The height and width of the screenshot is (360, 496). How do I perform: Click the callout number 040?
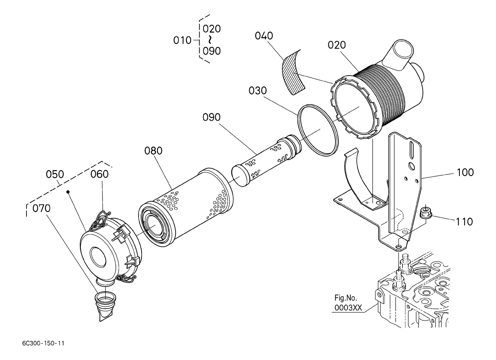(264, 36)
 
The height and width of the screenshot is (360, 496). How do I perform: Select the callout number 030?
(258, 91)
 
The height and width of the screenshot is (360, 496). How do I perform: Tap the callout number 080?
(154, 151)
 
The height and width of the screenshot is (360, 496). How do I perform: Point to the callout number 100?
(465, 172)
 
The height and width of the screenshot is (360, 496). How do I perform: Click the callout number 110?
(464, 222)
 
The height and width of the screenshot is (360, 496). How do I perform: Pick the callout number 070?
(41, 208)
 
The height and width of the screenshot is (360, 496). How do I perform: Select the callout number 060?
(99, 174)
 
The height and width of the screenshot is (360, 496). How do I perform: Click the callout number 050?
(55, 174)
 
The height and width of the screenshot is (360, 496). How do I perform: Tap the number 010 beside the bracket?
(182, 41)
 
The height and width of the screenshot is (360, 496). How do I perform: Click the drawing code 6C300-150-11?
(44, 343)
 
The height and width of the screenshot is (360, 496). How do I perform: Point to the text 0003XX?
(348, 308)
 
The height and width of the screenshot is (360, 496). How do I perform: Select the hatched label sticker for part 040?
(293, 72)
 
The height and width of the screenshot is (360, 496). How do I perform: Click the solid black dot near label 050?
(68, 192)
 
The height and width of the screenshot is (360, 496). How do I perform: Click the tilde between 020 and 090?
(210, 40)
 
